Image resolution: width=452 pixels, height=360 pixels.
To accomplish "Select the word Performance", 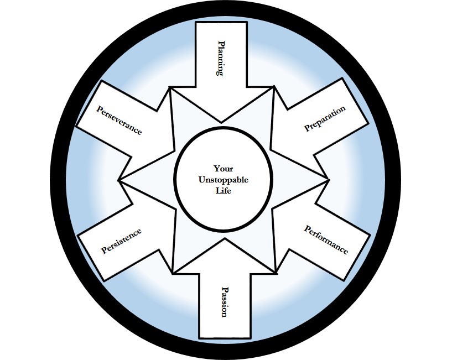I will coord(326,239).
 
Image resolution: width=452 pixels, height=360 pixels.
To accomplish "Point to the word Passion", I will coord(224,301).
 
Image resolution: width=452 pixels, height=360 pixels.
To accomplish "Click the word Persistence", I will coord(121,241).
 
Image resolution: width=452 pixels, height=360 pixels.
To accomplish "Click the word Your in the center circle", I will coord(223,169).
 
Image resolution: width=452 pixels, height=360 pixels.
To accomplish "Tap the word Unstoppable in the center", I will coord(223,180).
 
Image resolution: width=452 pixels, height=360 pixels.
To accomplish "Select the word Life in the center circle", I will coord(223,191).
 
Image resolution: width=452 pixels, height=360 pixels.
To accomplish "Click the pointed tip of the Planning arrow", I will coord(222,122).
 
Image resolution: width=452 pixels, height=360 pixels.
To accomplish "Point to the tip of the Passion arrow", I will coord(224,239).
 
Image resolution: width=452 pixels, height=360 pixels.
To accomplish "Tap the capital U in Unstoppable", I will coord(201,180).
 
